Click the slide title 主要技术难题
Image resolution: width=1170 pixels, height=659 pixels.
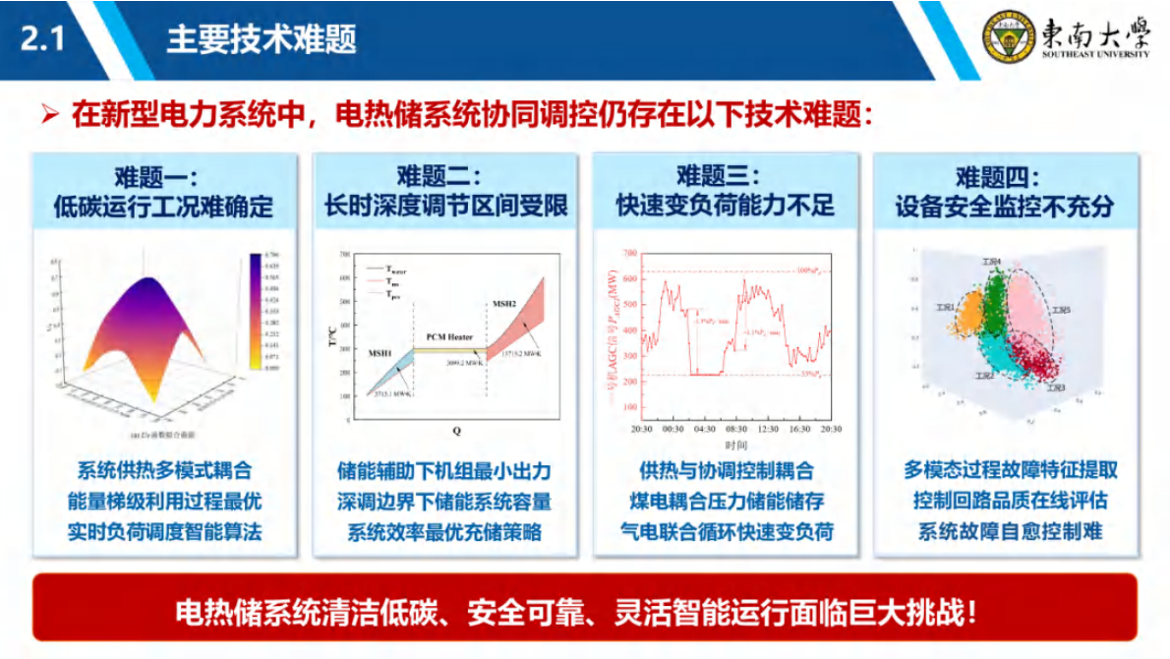pyautogui.click(x=261, y=39)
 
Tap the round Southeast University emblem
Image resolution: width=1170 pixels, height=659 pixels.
pyautogui.click(x=1011, y=38)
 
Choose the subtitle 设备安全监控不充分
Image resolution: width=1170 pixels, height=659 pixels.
pyautogui.click(x=1005, y=207)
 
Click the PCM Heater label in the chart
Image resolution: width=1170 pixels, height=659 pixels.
pyautogui.click(x=449, y=336)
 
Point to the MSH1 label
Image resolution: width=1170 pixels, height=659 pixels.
pyautogui.click(x=380, y=353)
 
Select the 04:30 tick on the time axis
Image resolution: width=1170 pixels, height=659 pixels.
pyautogui.click(x=704, y=429)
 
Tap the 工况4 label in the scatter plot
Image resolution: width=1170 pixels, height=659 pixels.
pyautogui.click(x=991, y=263)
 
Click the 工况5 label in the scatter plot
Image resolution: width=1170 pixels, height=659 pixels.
pyautogui.click(x=1061, y=311)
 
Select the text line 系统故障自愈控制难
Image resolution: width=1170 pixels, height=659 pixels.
pyautogui.click(x=1010, y=531)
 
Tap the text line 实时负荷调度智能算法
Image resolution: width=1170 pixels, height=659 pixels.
pyautogui.click(x=164, y=531)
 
